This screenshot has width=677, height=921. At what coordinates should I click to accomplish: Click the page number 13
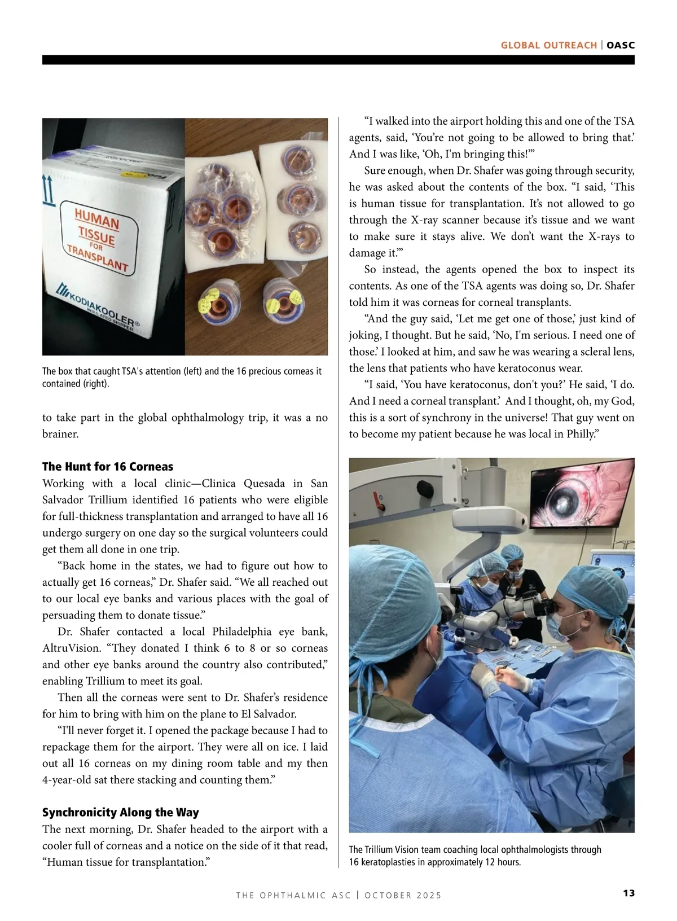pyautogui.click(x=628, y=893)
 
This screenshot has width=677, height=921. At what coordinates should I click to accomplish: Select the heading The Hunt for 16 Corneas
pyautogui.click(x=108, y=467)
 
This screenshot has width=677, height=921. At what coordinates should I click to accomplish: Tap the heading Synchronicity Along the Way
pyautogui.click(x=120, y=813)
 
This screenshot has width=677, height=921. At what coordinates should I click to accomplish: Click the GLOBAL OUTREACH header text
pyautogui.click(x=548, y=45)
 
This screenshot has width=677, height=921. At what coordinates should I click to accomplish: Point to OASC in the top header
pyautogui.click(x=621, y=45)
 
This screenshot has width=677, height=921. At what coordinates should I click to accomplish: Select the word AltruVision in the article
pyautogui.click(x=71, y=648)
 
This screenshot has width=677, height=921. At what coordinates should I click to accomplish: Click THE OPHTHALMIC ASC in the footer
pyautogui.click(x=293, y=896)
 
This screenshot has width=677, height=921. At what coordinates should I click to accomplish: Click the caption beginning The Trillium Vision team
pyautogui.click(x=475, y=856)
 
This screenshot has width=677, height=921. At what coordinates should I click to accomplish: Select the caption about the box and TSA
pyautogui.click(x=182, y=378)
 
